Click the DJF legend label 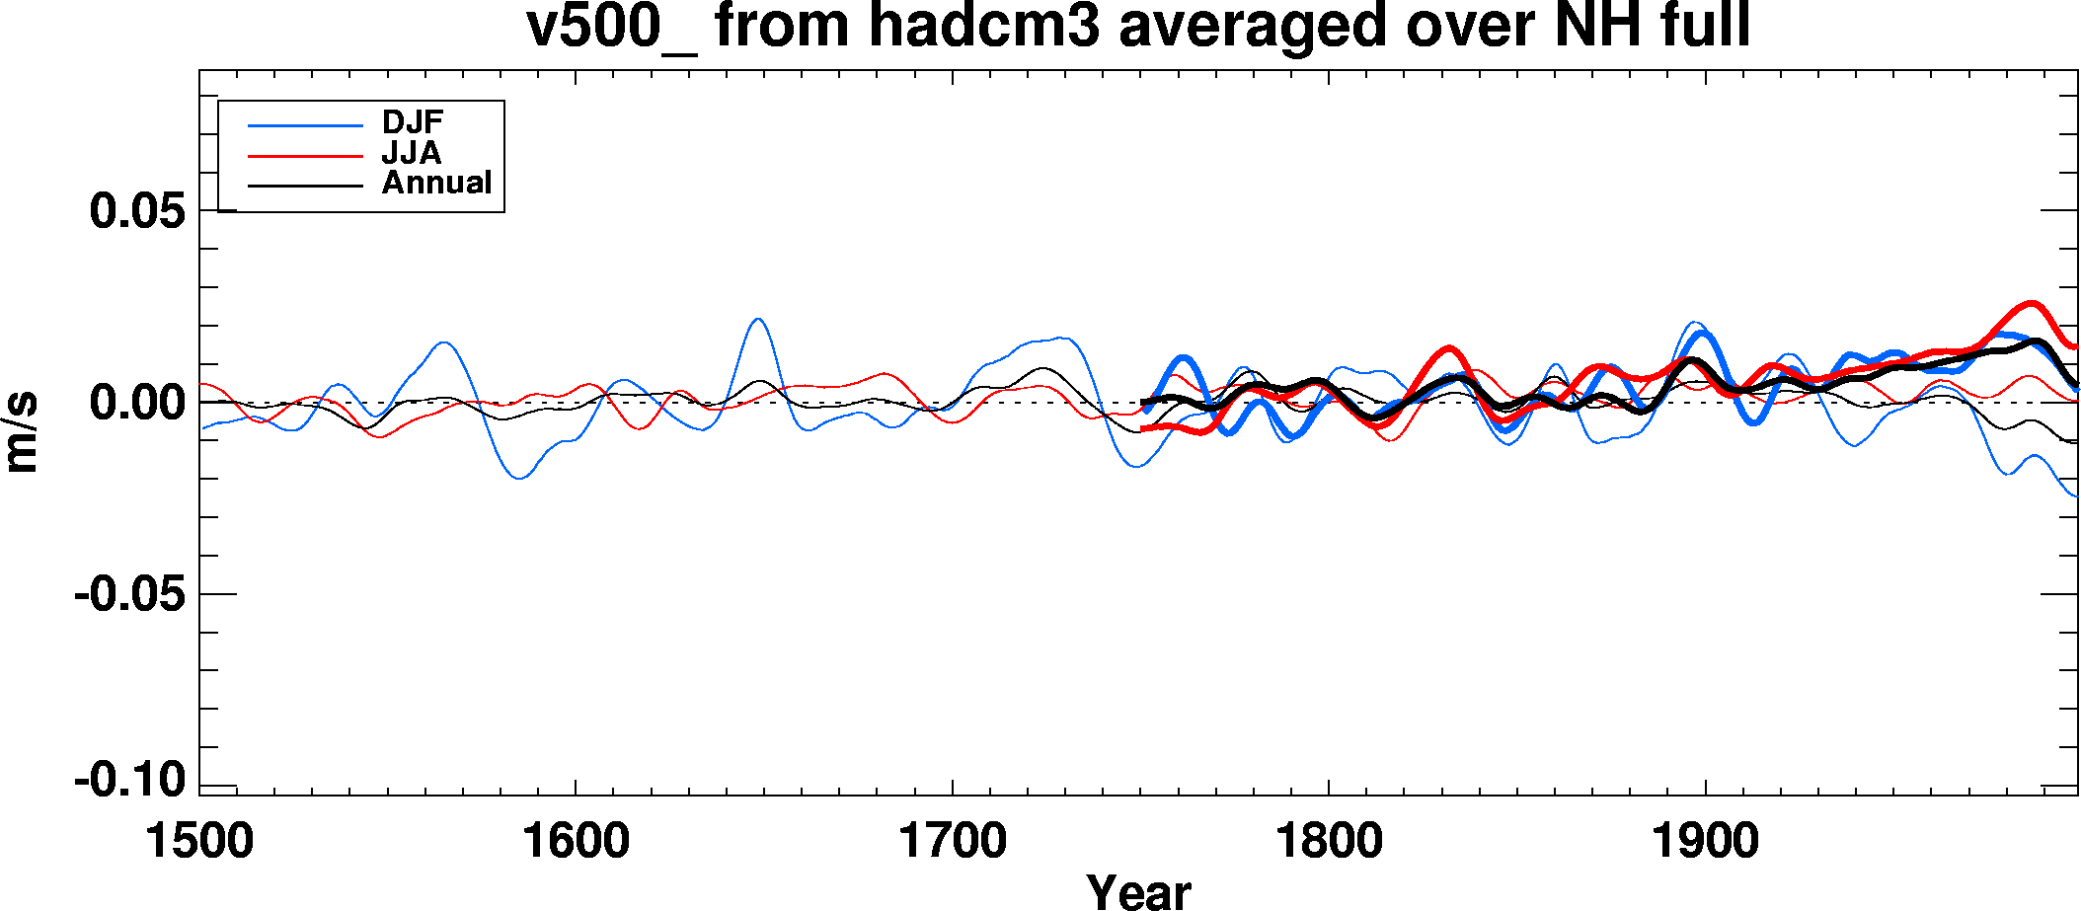[413, 122]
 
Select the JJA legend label [412, 153]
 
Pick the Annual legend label [436, 183]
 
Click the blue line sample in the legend [305, 125]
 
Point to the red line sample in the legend [305, 156]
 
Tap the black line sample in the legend [305, 186]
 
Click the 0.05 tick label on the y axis [137, 211]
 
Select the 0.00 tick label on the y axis [137, 403]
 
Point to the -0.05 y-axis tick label [129, 594]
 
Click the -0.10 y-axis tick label [129, 781]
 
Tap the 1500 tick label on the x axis [199, 842]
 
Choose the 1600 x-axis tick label [576, 842]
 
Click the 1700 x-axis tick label [952, 842]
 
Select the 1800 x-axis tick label [1329, 842]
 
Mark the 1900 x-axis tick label [1705, 842]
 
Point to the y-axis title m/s [22, 432]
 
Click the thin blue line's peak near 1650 [757, 319]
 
